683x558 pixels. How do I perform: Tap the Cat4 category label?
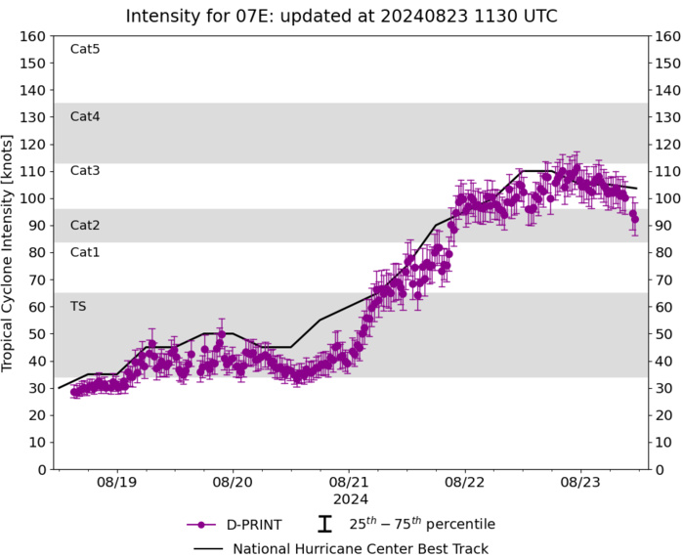tap(85, 116)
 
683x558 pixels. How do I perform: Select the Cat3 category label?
tap(85, 170)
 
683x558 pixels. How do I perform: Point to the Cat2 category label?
tap(85, 225)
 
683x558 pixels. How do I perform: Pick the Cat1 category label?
tap(85, 252)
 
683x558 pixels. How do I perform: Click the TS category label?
tap(78, 306)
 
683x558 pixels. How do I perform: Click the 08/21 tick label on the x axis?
tap(349, 482)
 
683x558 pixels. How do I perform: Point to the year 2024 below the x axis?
tap(349, 497)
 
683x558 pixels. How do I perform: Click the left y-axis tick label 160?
tap(34, 36)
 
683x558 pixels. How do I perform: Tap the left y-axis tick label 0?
tap(41, 470)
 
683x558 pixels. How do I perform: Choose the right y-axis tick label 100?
tap(668, 198)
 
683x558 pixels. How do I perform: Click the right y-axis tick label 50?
tap(664, 334)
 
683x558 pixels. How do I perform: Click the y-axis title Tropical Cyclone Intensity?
tap(12, 252)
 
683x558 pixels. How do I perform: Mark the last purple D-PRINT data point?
tap(634, 219)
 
